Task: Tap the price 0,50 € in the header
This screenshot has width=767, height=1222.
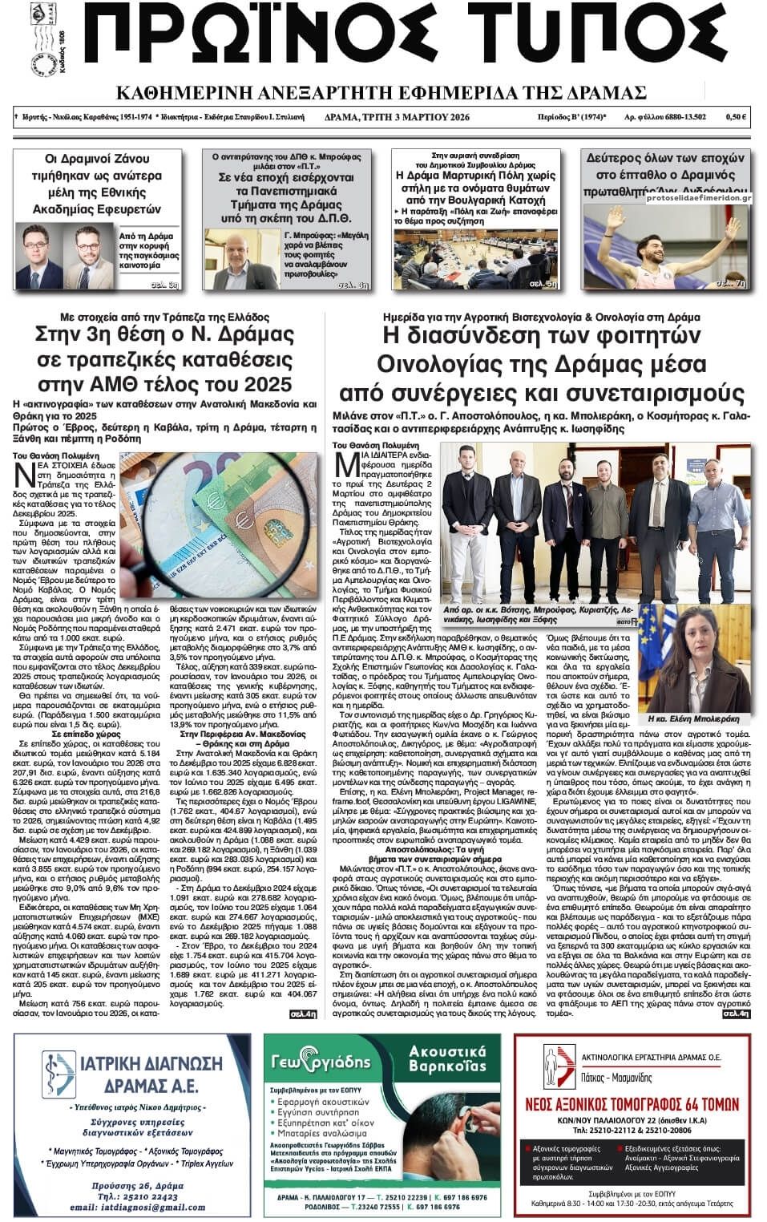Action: pos(736,117)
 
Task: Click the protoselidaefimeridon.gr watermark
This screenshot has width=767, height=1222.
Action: pos(697,197)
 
